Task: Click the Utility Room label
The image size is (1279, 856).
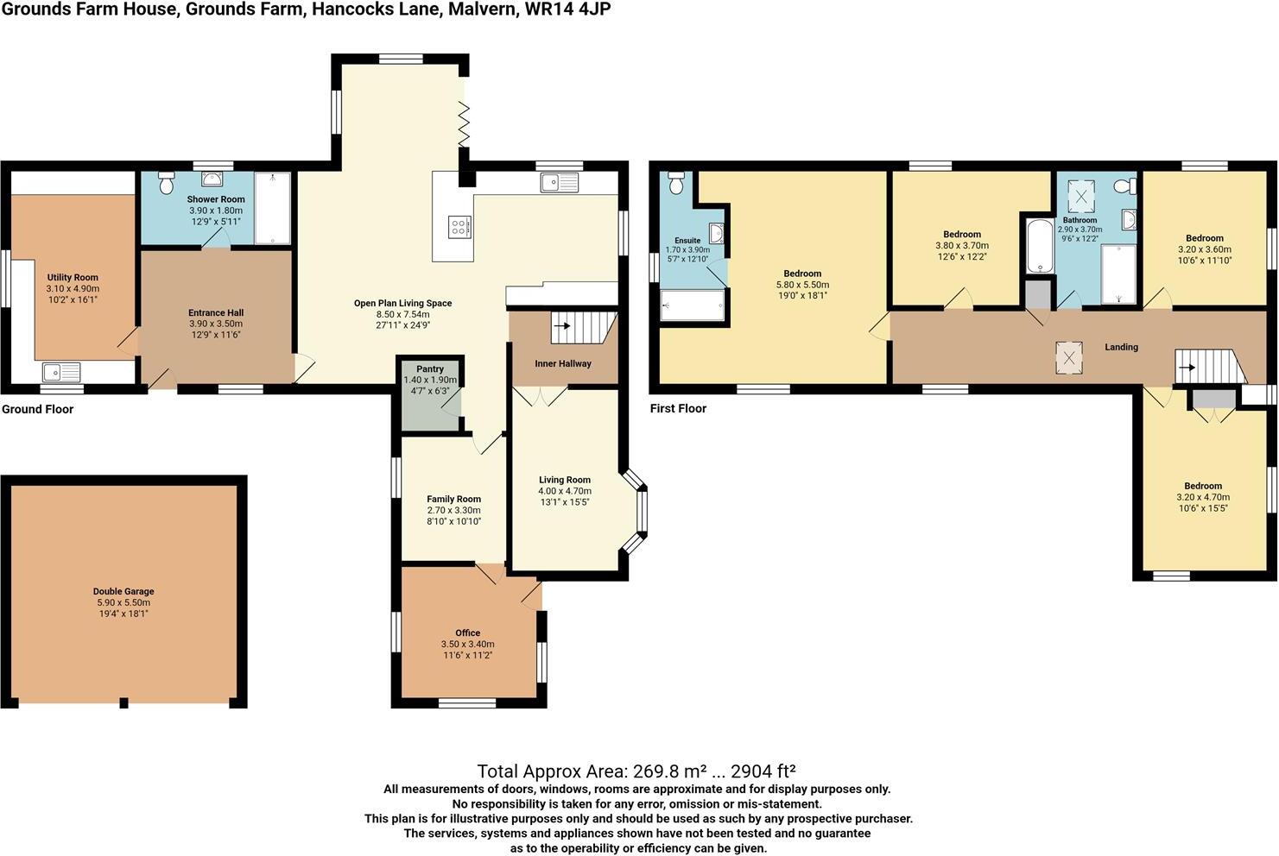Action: pos(73,278)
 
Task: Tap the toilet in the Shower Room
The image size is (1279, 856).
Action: pos(167,184)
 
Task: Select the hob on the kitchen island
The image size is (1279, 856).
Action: pos(459,227)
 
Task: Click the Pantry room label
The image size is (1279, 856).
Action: pos(429,369)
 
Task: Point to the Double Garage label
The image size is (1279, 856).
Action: pos(123,592)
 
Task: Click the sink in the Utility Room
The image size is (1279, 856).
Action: pos(61,372)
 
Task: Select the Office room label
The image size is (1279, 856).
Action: pos(467,633)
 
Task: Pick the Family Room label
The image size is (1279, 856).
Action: pos(453,499)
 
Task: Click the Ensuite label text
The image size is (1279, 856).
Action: pos(687,241)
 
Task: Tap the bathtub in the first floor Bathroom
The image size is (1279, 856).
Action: pos(1037,246)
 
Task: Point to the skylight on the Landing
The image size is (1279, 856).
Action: pos(1069,357)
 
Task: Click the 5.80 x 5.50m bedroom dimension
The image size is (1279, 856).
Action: pos(802,285)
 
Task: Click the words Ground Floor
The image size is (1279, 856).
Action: pos(37,410)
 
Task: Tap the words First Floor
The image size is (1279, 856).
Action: pos(678,409)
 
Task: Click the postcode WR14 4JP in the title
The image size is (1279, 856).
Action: pos(568,10)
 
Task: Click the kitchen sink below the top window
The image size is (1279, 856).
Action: pos(560,182)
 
